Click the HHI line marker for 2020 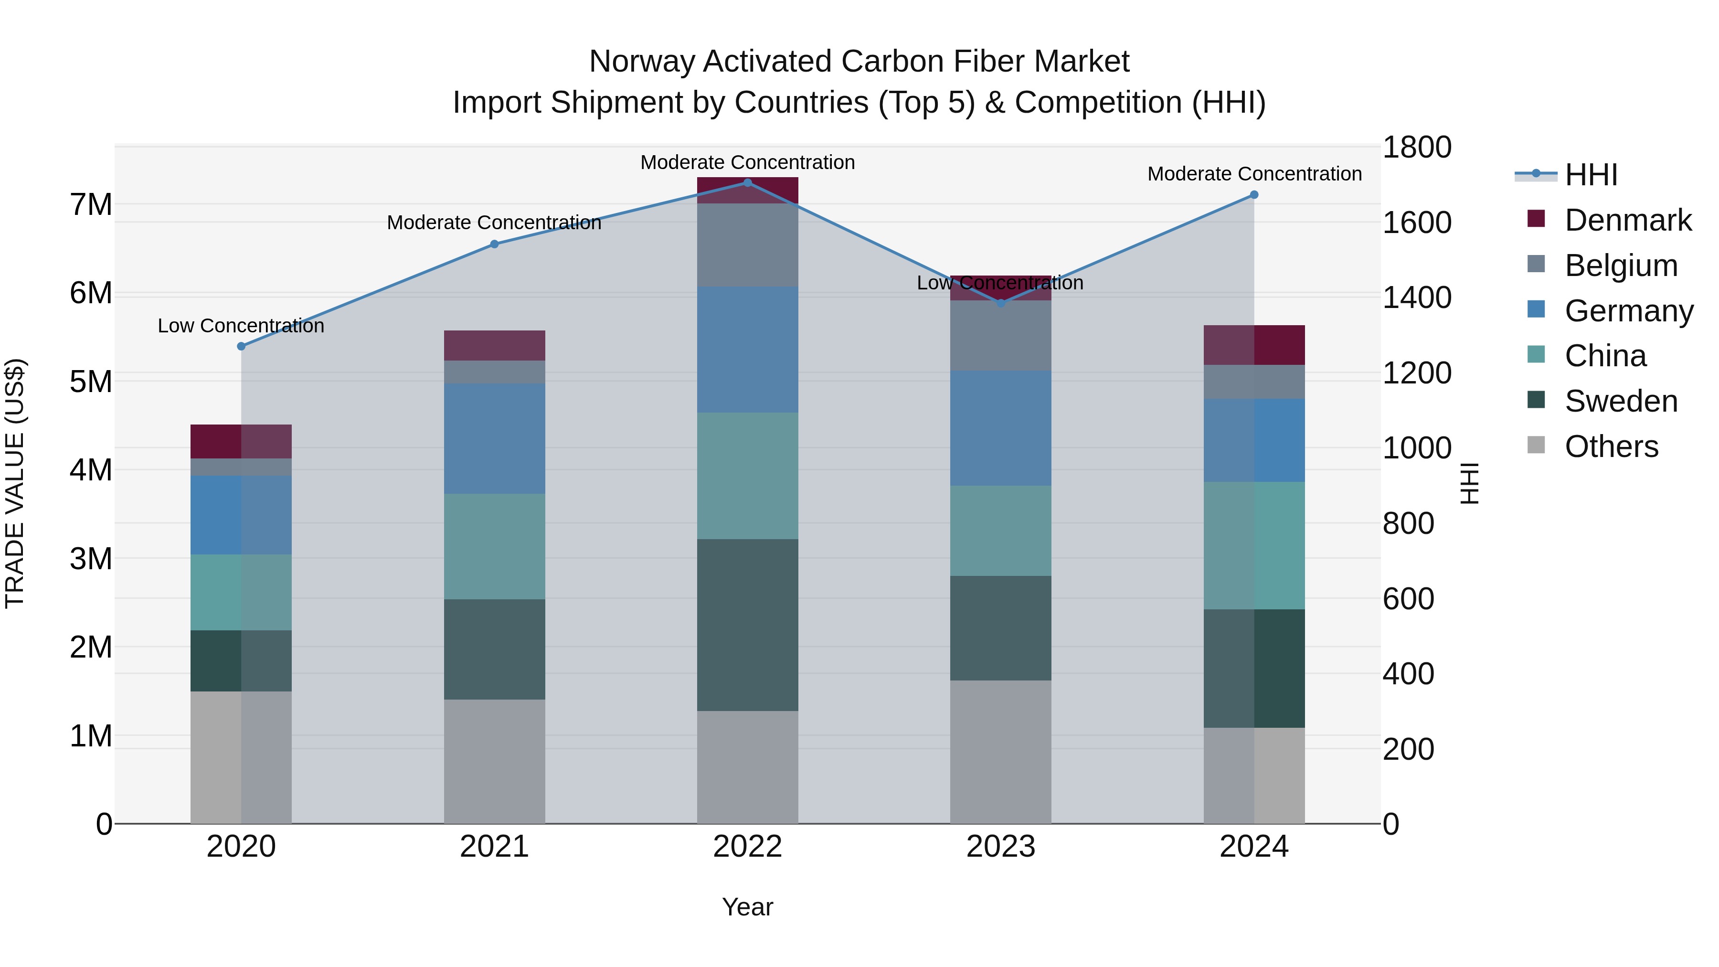242,346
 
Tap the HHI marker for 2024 1254,195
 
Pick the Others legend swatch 1536,445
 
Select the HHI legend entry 1591,175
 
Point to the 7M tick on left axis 91,204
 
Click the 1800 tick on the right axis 1416,148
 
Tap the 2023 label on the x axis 1000,847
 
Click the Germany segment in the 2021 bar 495,438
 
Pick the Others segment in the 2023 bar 1000,752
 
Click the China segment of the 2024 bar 1254,545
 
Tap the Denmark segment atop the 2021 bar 495,345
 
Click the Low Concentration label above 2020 241,326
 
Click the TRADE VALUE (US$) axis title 15,483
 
